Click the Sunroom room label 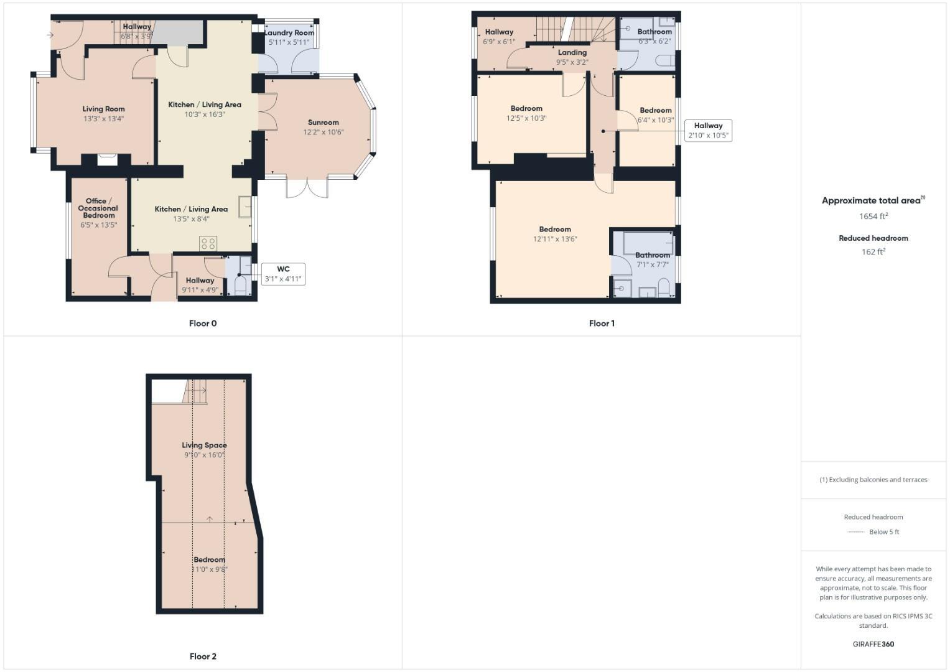(323, 123)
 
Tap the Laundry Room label (289, 33)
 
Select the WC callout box (283, 274)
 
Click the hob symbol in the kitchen (208, 243)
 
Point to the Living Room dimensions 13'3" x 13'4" (104, 118)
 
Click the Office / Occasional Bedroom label (98, 208)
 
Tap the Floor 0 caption (203, 323)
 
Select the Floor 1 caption (602, 323)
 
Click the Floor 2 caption (203, 656)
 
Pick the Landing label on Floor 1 (572, 53)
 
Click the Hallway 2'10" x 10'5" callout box (708, 130)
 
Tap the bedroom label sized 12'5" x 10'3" (526, 108)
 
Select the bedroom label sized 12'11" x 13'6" (555, 229)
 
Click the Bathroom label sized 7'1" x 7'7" (653, 255)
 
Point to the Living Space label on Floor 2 (204, 445)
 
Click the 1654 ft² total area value (873, 217)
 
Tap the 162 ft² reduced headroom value (873, 252)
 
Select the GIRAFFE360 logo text (873, 644)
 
